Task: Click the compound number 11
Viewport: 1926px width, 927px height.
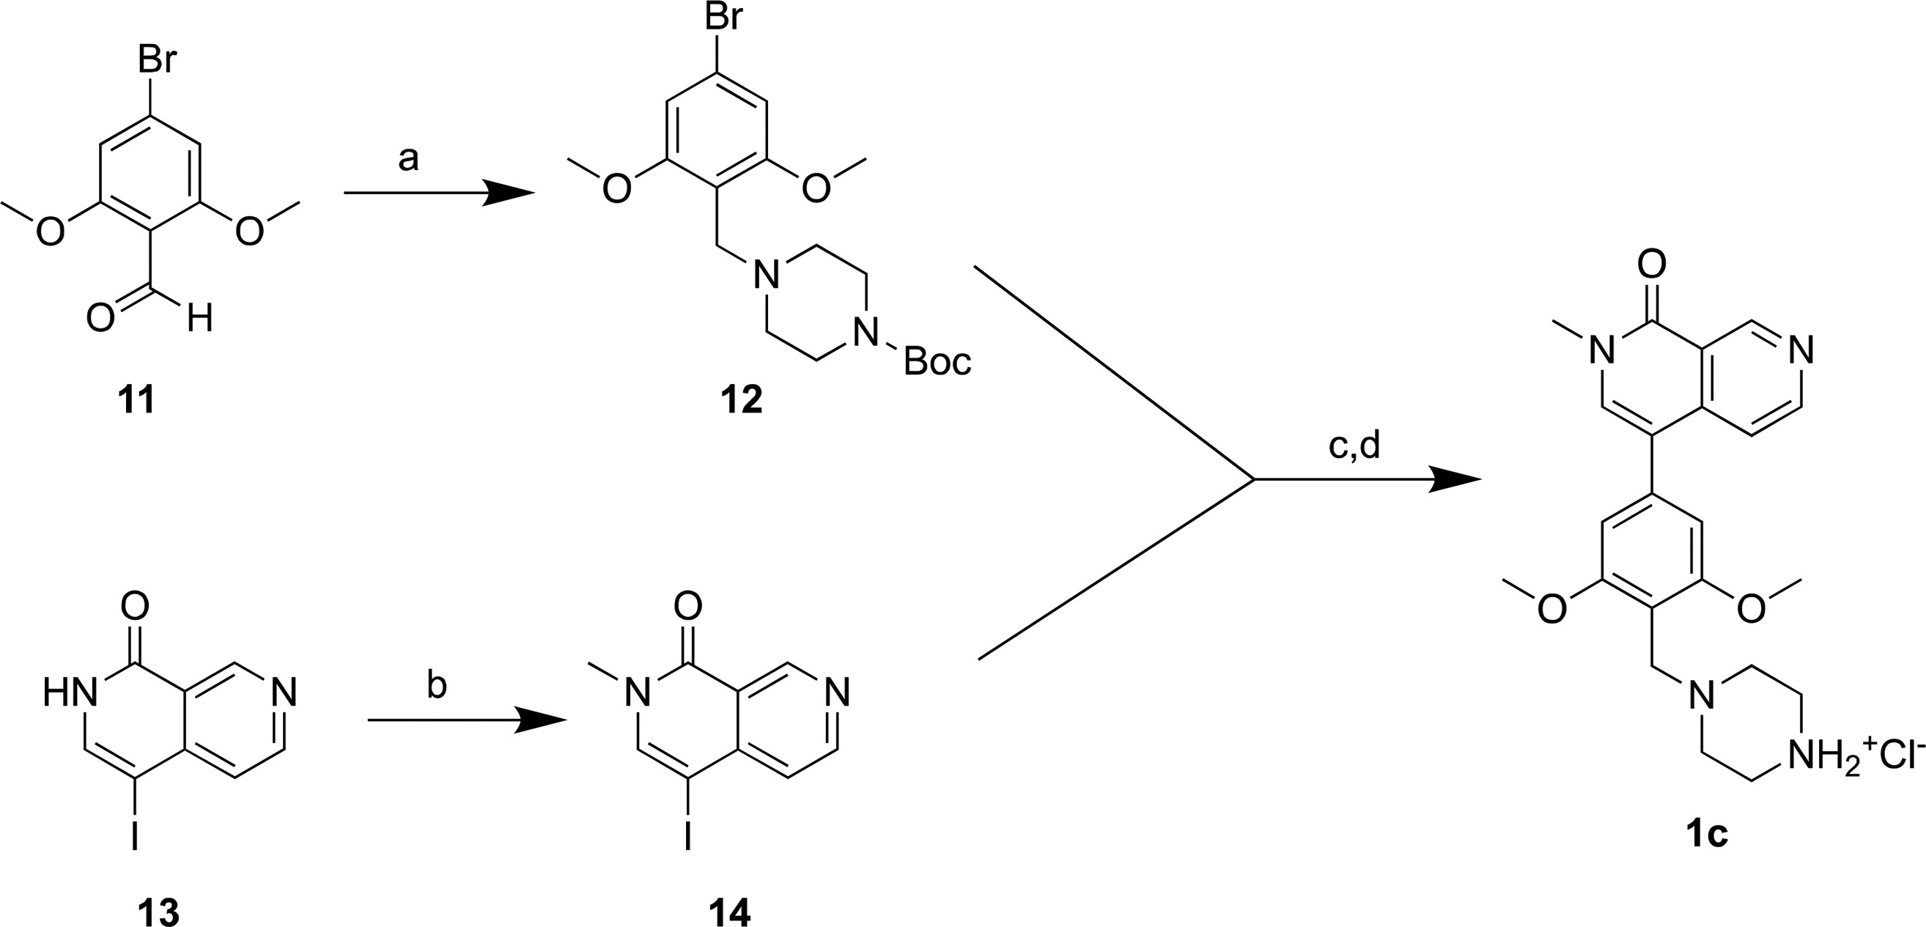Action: tap(136, 401)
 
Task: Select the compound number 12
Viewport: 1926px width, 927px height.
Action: tap(741, 401)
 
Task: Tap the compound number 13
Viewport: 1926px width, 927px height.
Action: tap(158, 912)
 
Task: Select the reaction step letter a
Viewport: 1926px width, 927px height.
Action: tap(408, 159)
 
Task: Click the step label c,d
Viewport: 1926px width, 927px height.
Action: tap(1354, 446)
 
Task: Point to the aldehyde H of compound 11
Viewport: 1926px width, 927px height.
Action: tap(199, 320)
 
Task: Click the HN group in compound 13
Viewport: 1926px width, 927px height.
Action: tap(70, 693)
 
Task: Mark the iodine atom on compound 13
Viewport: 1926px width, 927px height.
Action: tap(135, 838)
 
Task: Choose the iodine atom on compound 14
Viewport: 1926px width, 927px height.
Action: tap(688, 838)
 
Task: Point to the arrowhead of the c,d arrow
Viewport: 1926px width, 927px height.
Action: tap(1454, 479)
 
